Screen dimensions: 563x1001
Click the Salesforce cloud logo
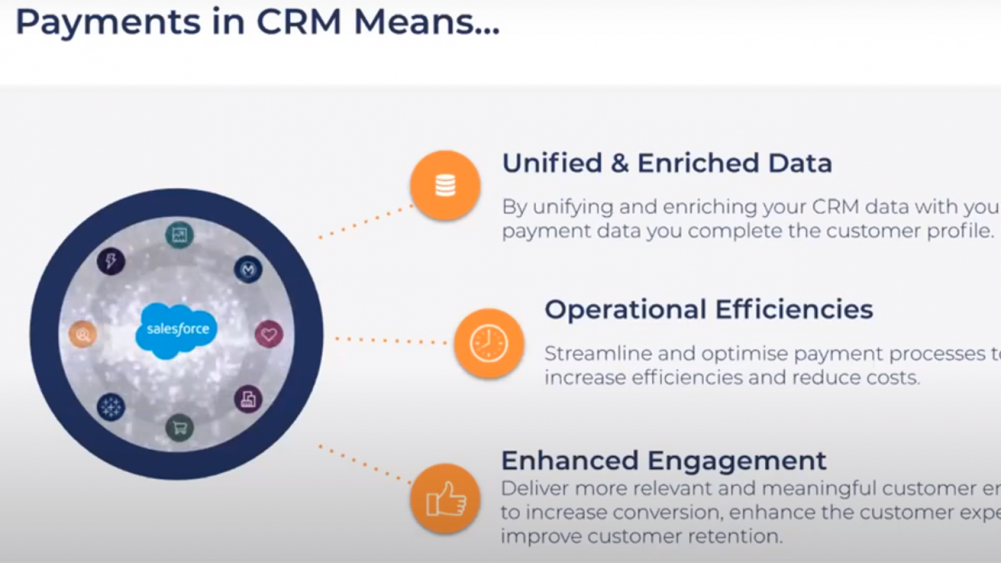point(176,330)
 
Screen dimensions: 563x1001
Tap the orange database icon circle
point(445,185)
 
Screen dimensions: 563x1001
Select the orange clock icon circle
point(489,343)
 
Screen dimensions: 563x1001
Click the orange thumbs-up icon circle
point(445,499)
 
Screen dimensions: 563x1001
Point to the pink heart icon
point(269,334)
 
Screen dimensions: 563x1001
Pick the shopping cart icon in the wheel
point(180,428)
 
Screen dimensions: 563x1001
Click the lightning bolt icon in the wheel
point(111,261)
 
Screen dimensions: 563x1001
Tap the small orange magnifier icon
point(83,335)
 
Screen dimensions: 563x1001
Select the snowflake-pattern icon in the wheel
point(111,407)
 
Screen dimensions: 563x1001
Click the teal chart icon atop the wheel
point(180,235)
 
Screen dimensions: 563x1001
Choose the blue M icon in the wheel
point(248,270)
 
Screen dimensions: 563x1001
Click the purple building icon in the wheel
point(248,399)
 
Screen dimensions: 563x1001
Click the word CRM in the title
point(299,23)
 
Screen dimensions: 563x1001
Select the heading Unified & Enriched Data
point(667,163)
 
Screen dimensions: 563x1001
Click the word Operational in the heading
point(625,310)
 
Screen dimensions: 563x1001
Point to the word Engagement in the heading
point(736,461)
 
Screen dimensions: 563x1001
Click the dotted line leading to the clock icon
point(391,341)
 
